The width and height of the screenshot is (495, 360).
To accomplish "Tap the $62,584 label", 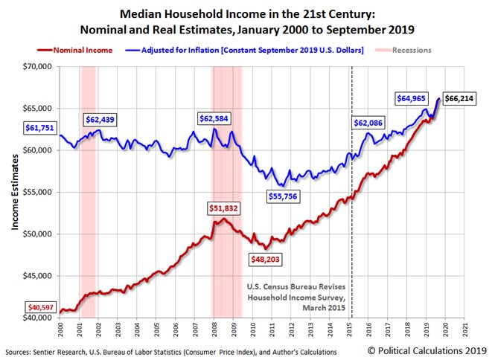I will tap(215, 118).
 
